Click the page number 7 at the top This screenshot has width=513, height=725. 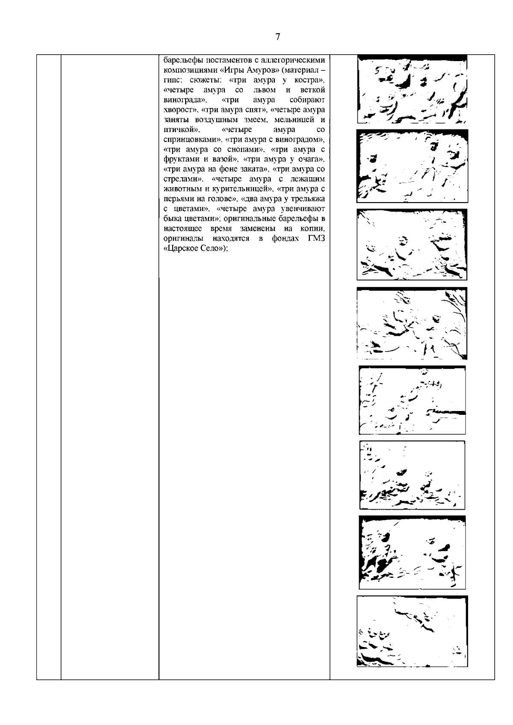277,37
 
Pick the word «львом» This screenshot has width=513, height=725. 265,90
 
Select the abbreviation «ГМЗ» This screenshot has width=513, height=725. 317,238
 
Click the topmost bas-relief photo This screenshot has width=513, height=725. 412,89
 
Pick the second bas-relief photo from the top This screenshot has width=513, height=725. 412,166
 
